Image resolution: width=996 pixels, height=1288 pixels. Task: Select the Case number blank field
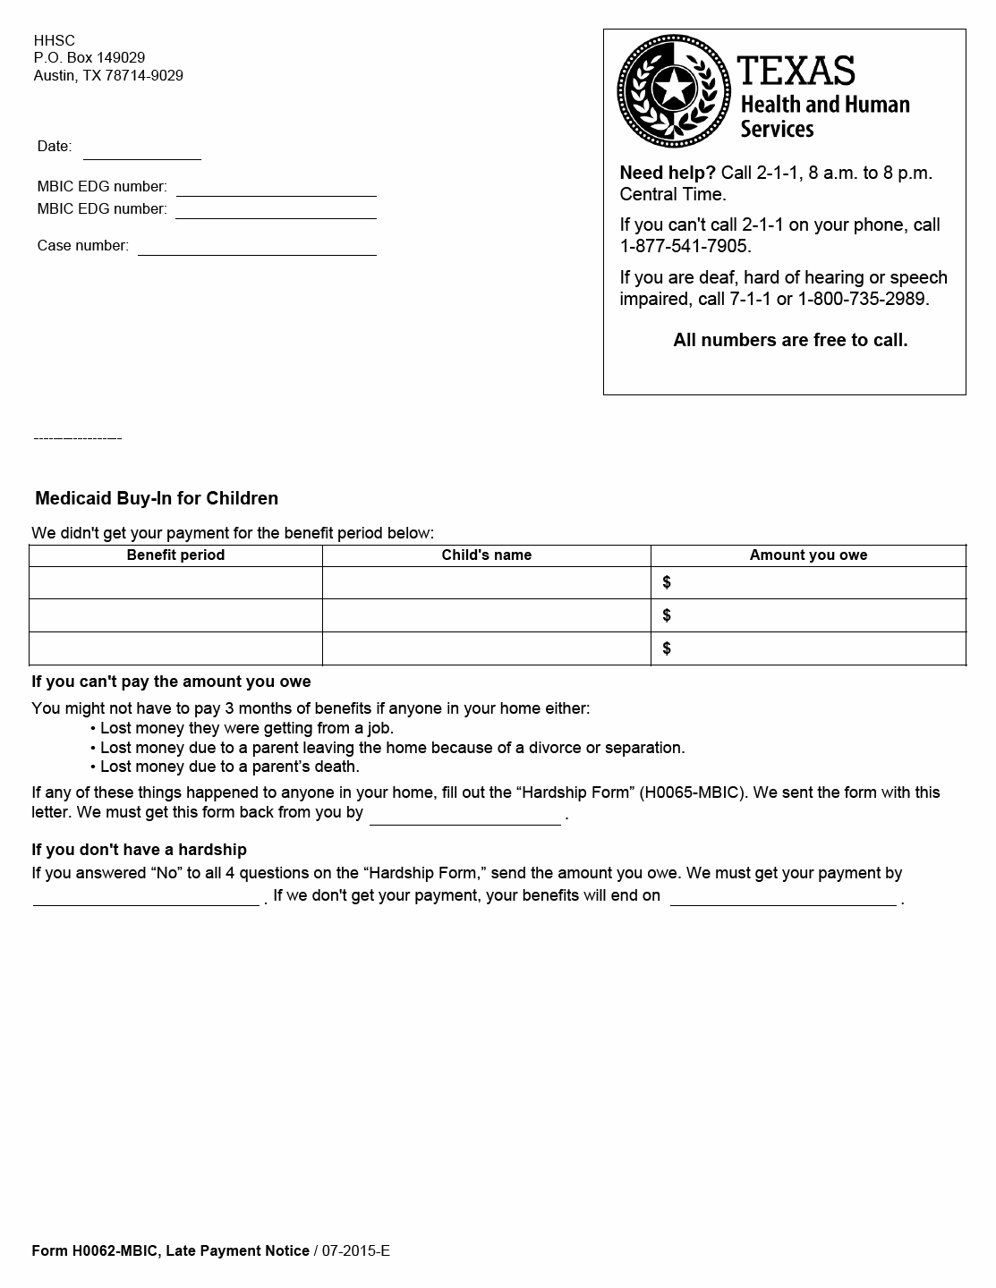[257, 247]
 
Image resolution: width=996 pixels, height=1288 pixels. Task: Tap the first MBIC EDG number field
[276, 188]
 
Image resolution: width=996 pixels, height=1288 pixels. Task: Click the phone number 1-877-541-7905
[685, 246]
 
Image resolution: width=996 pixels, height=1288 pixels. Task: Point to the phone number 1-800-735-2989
[864, 299]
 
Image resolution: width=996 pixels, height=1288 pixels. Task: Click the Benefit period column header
[175, 555]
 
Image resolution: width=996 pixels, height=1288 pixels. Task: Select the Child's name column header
[486, 555]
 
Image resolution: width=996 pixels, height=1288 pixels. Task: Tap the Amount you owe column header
[808, 555]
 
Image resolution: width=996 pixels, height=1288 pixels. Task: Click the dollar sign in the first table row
[667, 582]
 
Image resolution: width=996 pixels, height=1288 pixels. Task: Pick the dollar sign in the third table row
[667, 648]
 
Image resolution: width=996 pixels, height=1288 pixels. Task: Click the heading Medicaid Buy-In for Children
[157, 498]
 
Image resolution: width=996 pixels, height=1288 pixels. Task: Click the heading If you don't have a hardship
[139, 850]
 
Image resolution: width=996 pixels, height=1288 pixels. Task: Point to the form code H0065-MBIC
[690, 792]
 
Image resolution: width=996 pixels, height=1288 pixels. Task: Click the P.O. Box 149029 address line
[89, 58]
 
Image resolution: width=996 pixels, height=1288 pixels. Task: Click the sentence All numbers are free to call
[790, 340]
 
